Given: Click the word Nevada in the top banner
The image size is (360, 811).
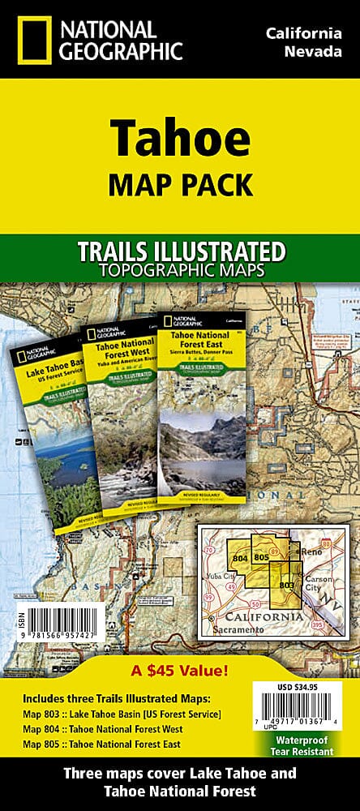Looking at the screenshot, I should (306, 53).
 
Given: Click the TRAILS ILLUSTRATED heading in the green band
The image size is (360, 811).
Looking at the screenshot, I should (179, 251).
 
